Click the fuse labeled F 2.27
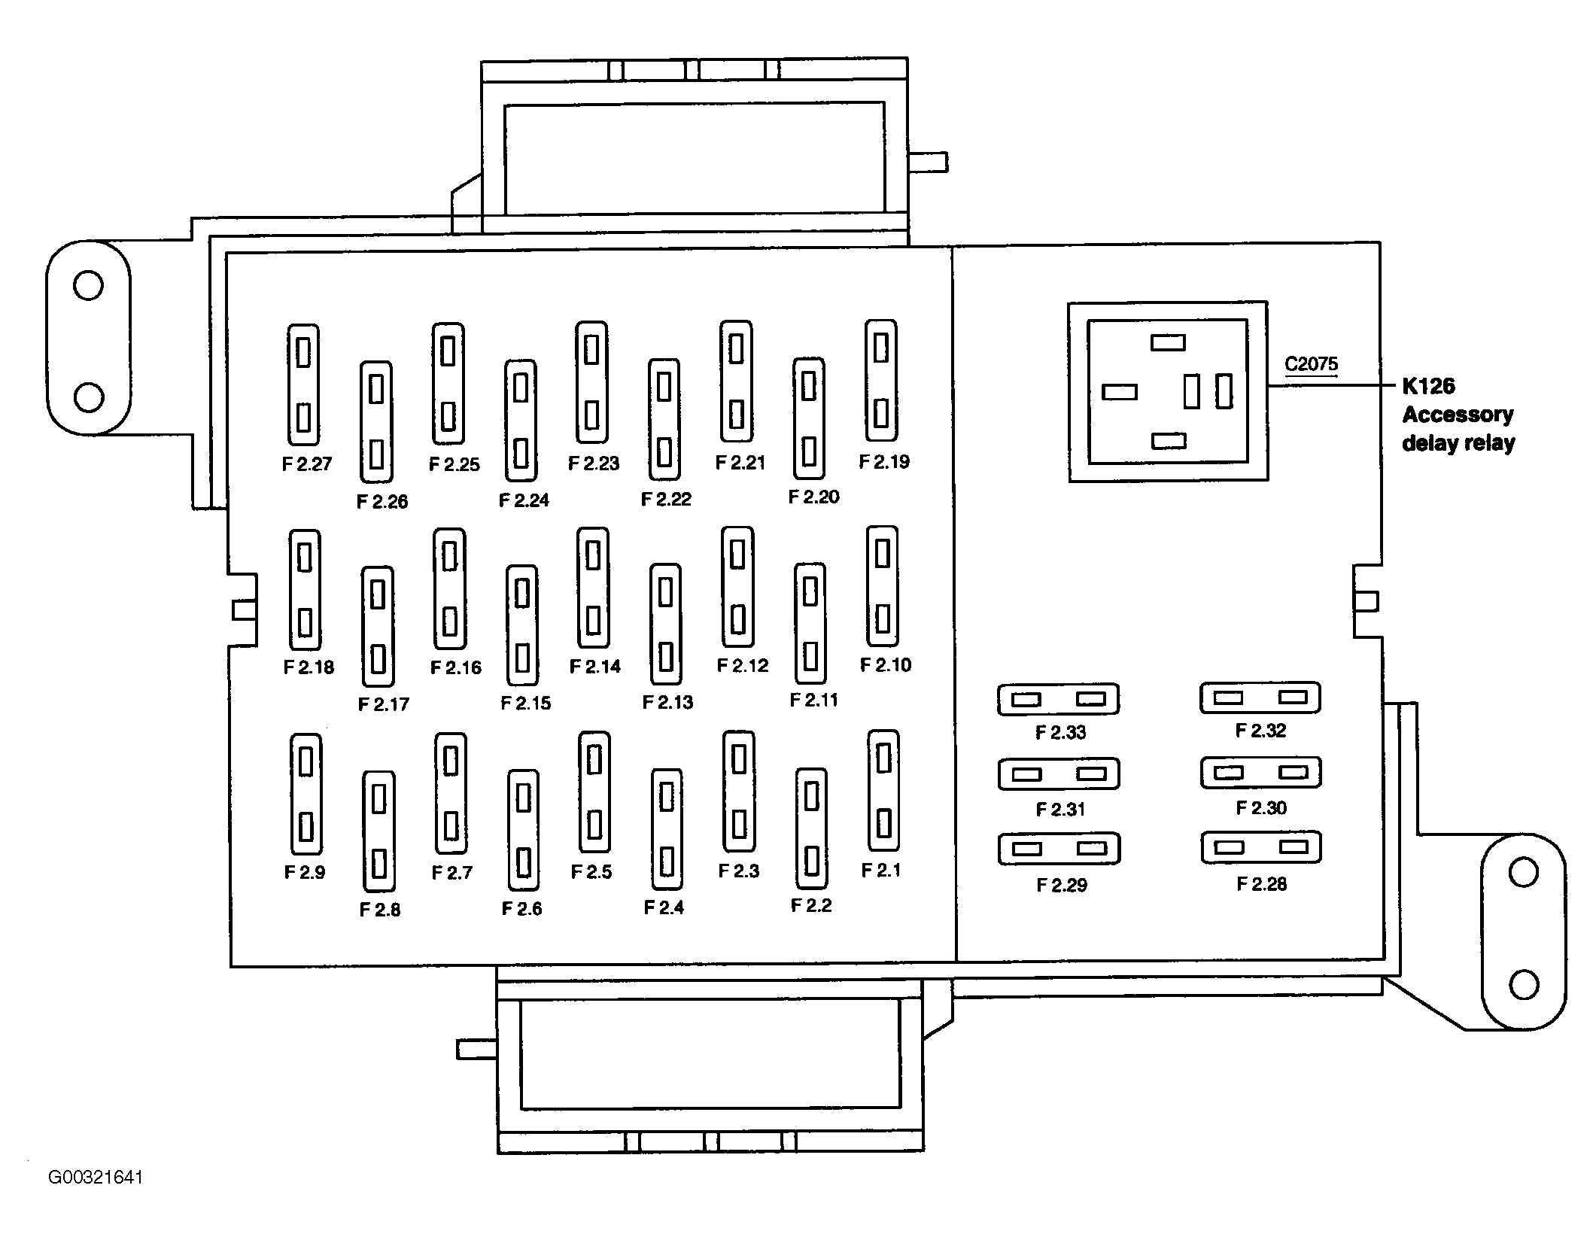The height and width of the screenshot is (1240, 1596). coord(303,384)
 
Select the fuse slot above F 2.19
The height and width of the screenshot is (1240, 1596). coord(881,380)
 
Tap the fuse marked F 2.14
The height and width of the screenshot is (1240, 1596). coord(593,588)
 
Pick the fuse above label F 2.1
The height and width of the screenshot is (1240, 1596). coord(883,790)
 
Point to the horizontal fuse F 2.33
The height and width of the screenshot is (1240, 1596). coord(1058,700)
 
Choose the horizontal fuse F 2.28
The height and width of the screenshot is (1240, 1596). coord(1261,847)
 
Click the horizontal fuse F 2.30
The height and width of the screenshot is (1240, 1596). coord(1261,773)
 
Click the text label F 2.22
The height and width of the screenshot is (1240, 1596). coord(666,499)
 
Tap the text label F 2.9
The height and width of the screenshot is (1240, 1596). coord(305,872)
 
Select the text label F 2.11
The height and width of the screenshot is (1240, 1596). coord(813,700)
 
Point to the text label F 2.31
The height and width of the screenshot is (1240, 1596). coord(1060,809)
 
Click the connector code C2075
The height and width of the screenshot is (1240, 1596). coord(1311,364)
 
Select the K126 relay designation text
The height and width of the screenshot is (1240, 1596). coord(1428,386)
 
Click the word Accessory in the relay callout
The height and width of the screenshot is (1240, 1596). coord(1458,415)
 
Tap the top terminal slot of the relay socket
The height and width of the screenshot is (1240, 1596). coord(1168,343)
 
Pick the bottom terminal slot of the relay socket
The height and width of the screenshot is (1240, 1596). coord(1169,441)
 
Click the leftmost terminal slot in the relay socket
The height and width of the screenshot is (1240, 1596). coord(1120,392)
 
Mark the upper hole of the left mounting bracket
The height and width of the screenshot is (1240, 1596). coord(88,286)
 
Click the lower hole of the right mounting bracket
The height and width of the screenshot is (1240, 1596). coord(1524,984)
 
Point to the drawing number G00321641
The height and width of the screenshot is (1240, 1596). coord(96,1178)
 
